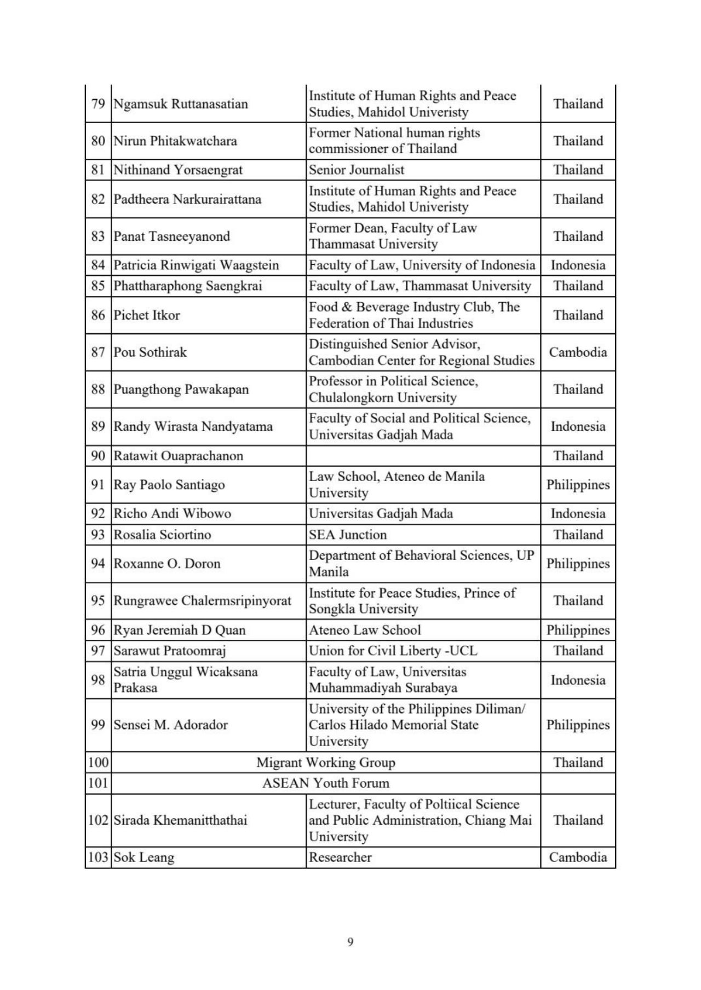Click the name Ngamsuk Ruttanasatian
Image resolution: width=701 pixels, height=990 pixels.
coord(180,104)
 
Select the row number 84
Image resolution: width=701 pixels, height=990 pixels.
coord(98,265)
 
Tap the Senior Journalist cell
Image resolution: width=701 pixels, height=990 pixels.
coord(357,170)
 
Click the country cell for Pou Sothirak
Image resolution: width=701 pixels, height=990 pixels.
coord(578,352)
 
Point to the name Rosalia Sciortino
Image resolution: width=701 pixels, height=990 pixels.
coord(162,535)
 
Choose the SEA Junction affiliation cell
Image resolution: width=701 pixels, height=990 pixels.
coord(348,535)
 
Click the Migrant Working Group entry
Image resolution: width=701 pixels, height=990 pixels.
coord(326,762)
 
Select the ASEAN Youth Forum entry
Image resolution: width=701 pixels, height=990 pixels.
coord(326,783)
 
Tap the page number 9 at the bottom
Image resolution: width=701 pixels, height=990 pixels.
coord(350,942)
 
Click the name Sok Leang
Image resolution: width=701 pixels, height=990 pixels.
coord(144,858)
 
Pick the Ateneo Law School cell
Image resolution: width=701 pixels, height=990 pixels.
coord(365,630)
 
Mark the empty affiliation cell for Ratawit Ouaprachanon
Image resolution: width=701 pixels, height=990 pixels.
coord(423,456)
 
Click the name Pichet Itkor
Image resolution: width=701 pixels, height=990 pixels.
coord(146,315)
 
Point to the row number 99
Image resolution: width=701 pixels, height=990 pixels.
coord(98,725)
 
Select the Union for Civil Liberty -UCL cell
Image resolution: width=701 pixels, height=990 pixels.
coord(393,651)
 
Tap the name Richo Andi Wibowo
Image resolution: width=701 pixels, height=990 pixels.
coord(172,513)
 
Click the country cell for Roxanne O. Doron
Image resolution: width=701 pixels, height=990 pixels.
coord(578,564)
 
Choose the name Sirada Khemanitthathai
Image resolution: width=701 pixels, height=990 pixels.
coord(180,820)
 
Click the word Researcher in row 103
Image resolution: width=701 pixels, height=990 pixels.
coord(340,858)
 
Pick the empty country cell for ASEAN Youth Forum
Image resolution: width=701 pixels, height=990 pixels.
coord(578,783)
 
